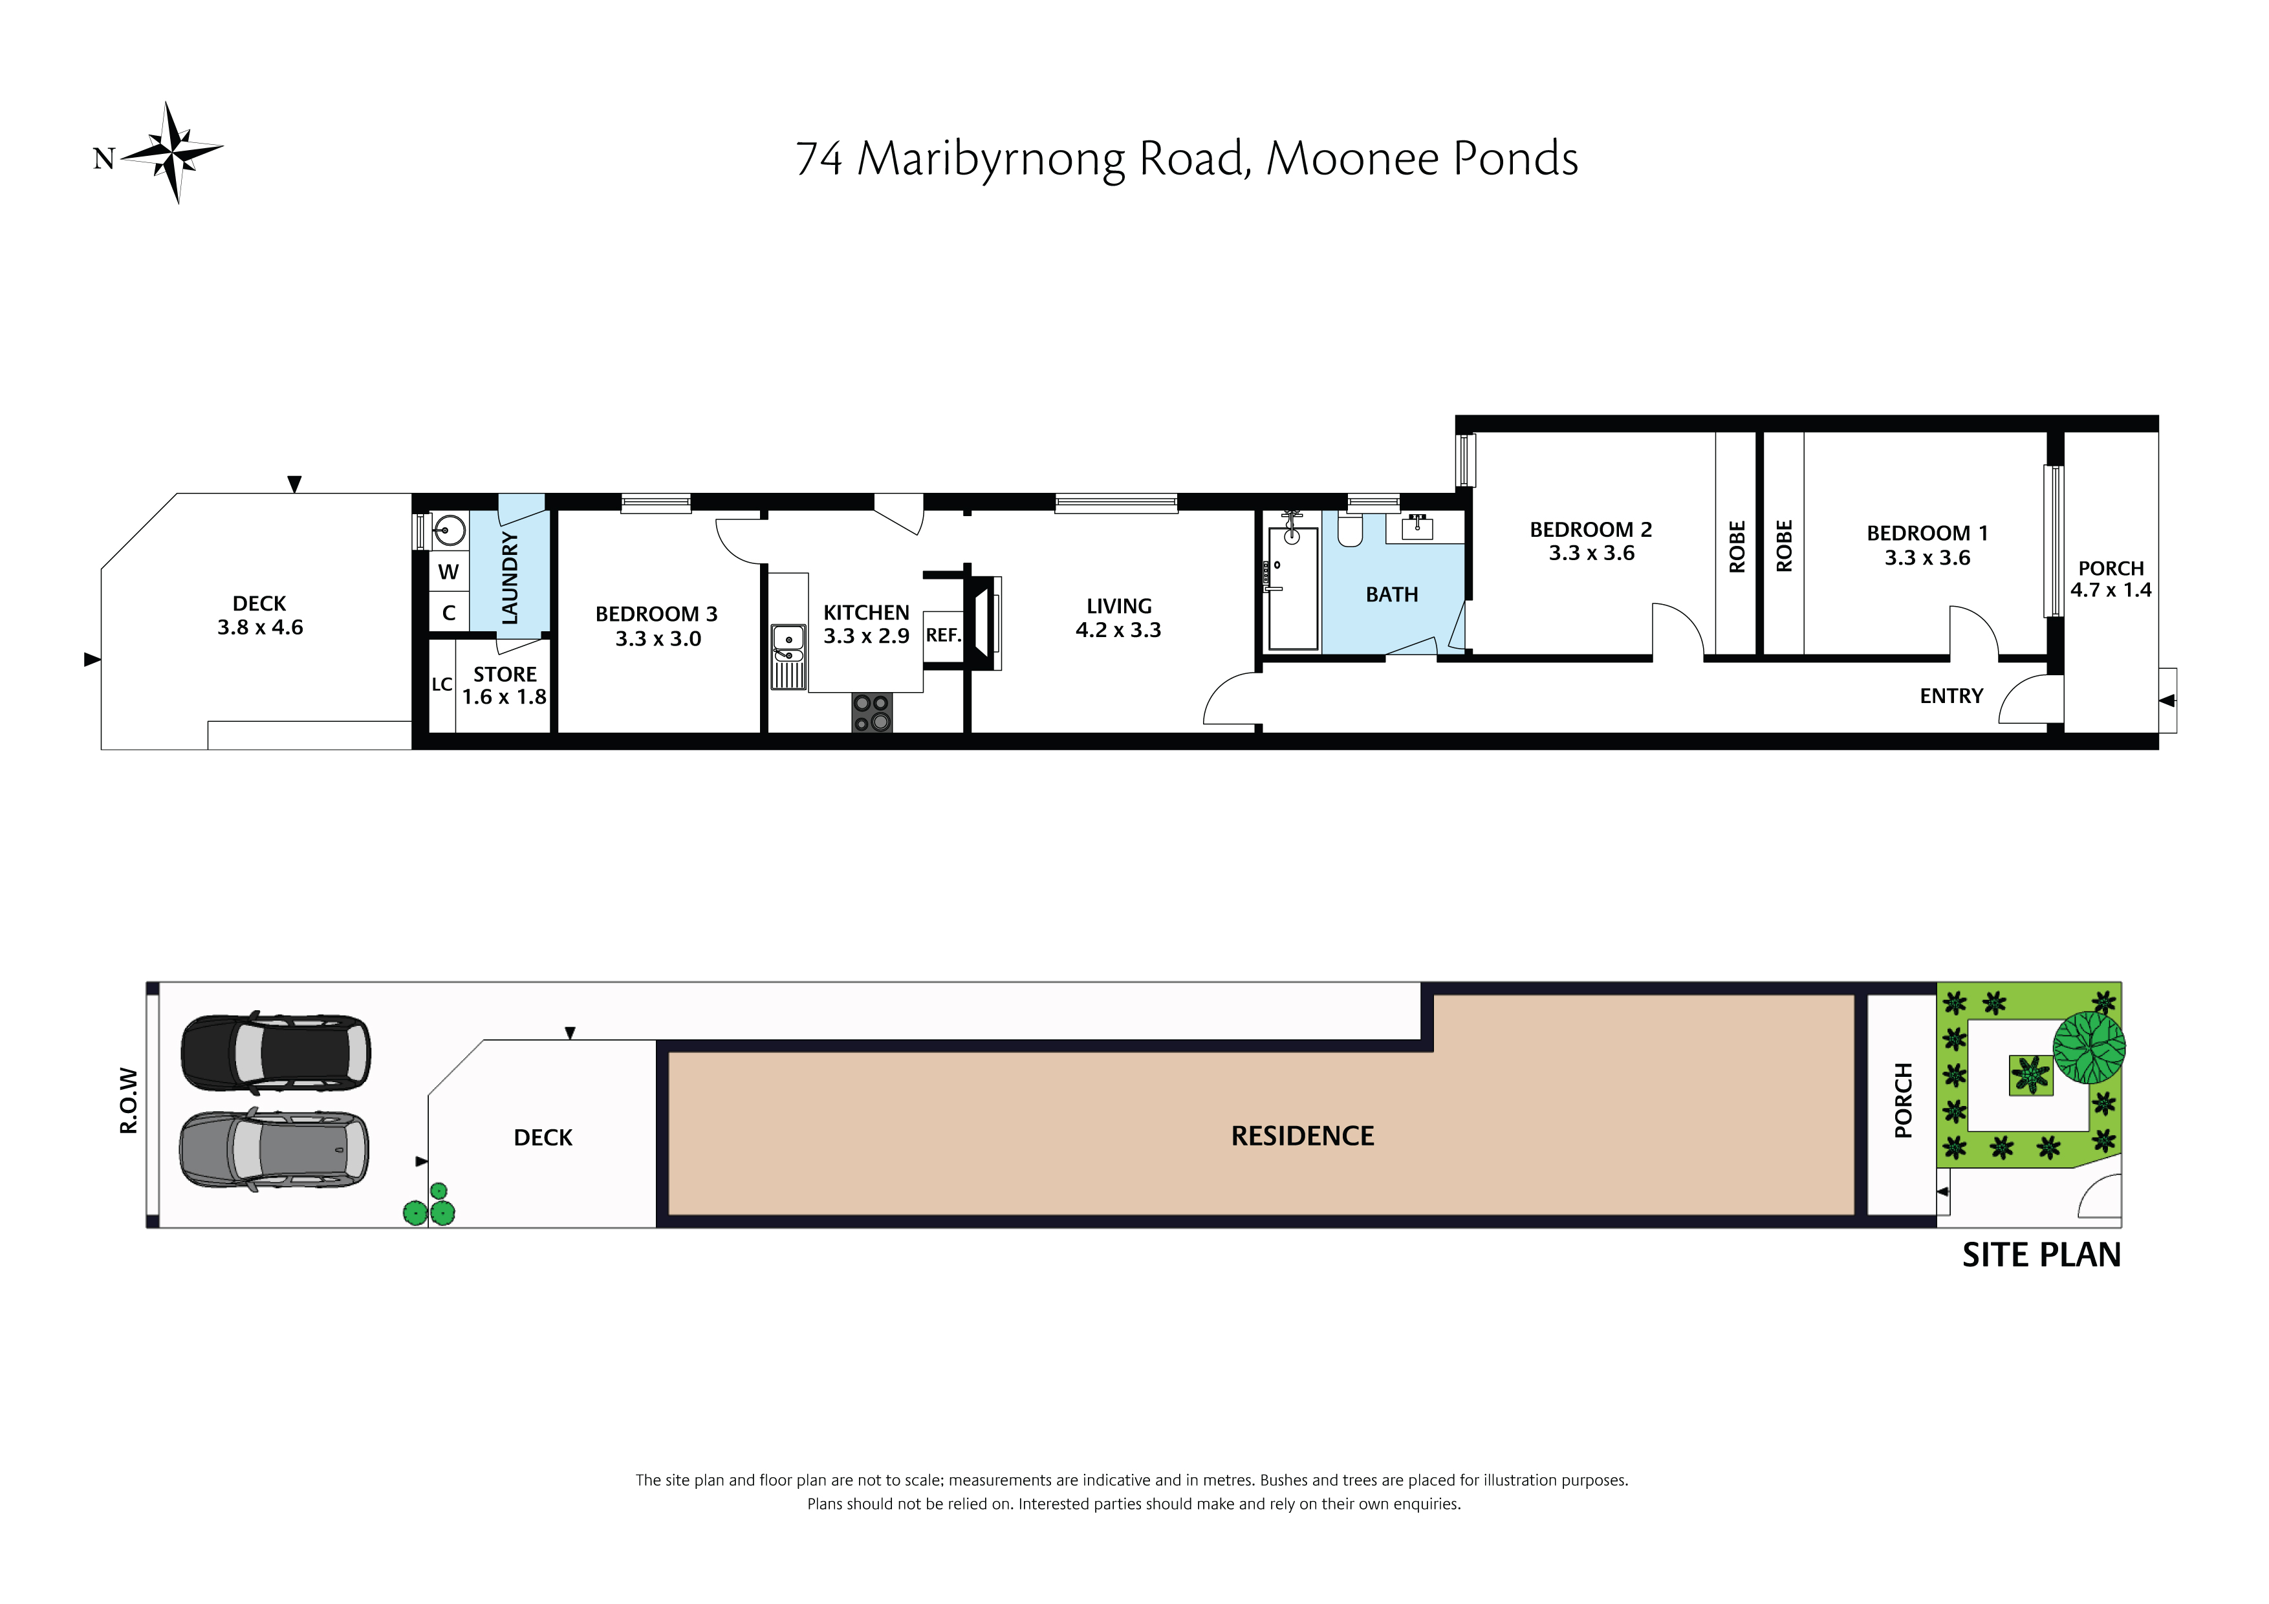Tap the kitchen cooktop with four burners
pos(872,713)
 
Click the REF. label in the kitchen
pos(943,636)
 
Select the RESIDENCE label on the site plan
pos(1303,1136)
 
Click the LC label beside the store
pos(442,684)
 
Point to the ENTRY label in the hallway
pos(1952,697)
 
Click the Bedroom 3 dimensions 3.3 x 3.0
pos(658,640)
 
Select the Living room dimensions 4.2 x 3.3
pos(1119,631)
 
